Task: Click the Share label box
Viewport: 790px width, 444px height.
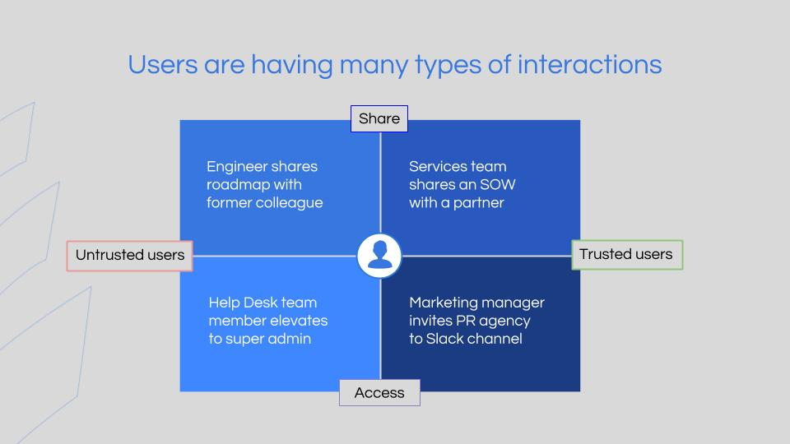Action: (x=379, y=118)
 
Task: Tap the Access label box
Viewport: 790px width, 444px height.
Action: (x=379, y=393)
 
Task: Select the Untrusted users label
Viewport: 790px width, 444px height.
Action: (x=129, y=255)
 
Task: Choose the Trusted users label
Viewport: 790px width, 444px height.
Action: (x=627, y=255)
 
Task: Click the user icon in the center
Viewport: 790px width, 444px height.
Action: (x=379, y=256)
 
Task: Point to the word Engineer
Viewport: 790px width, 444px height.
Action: (x=236, y=167)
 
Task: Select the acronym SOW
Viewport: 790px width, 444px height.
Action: (x=498, y=185)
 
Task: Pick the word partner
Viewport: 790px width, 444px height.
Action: (x=479, y=203)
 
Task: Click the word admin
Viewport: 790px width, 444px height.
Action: (x=289, y=339)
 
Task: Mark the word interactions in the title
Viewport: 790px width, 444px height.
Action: (x=589, y=65)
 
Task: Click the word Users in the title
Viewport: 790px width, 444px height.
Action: (x=163, y=65)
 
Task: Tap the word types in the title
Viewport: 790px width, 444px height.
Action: (x=448, y=67)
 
